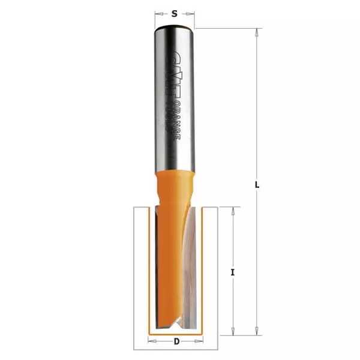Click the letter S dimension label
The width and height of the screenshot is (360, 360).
pos(175,13)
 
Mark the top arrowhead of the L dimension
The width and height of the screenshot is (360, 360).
pos(256,32)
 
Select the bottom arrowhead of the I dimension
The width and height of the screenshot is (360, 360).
pos(232,331)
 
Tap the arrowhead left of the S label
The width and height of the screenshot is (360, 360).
pos(158,13)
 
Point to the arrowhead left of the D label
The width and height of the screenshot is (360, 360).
pos(151,343)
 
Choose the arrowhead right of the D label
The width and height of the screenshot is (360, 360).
pos(199,343)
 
